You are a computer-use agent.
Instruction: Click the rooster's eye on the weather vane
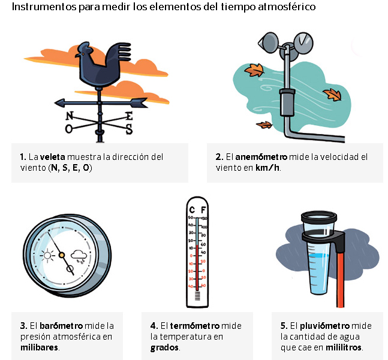(x=83, y=54)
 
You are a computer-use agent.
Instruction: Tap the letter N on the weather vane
(x=70, y=116)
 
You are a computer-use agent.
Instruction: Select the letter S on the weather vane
(x=129, y=129)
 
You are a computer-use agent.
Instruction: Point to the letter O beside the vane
(x=68, y=129)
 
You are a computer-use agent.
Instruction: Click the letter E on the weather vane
(x=129, y=116)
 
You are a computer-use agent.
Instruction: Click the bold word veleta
(x=52, y=157)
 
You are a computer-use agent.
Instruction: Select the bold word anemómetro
(x=261, y=157)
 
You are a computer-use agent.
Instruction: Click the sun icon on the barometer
(x=47, y=255)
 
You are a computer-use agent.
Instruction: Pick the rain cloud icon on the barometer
(x=79, y=257)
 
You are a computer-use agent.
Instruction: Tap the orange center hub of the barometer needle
(x=62, y=255)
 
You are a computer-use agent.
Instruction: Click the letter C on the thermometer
(x=192, y=210)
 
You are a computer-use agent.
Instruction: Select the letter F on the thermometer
(x=203, y=210)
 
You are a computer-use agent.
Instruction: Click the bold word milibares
(x=40, y=347)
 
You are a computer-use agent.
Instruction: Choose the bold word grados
(x=164, y=348)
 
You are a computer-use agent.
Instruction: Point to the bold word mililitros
(x=344, y=347)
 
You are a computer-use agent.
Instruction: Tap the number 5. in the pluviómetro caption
(x=284, y=326)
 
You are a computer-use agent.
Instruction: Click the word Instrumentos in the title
(x=44, y=7)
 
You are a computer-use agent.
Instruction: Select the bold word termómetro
(x=195, y=326)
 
